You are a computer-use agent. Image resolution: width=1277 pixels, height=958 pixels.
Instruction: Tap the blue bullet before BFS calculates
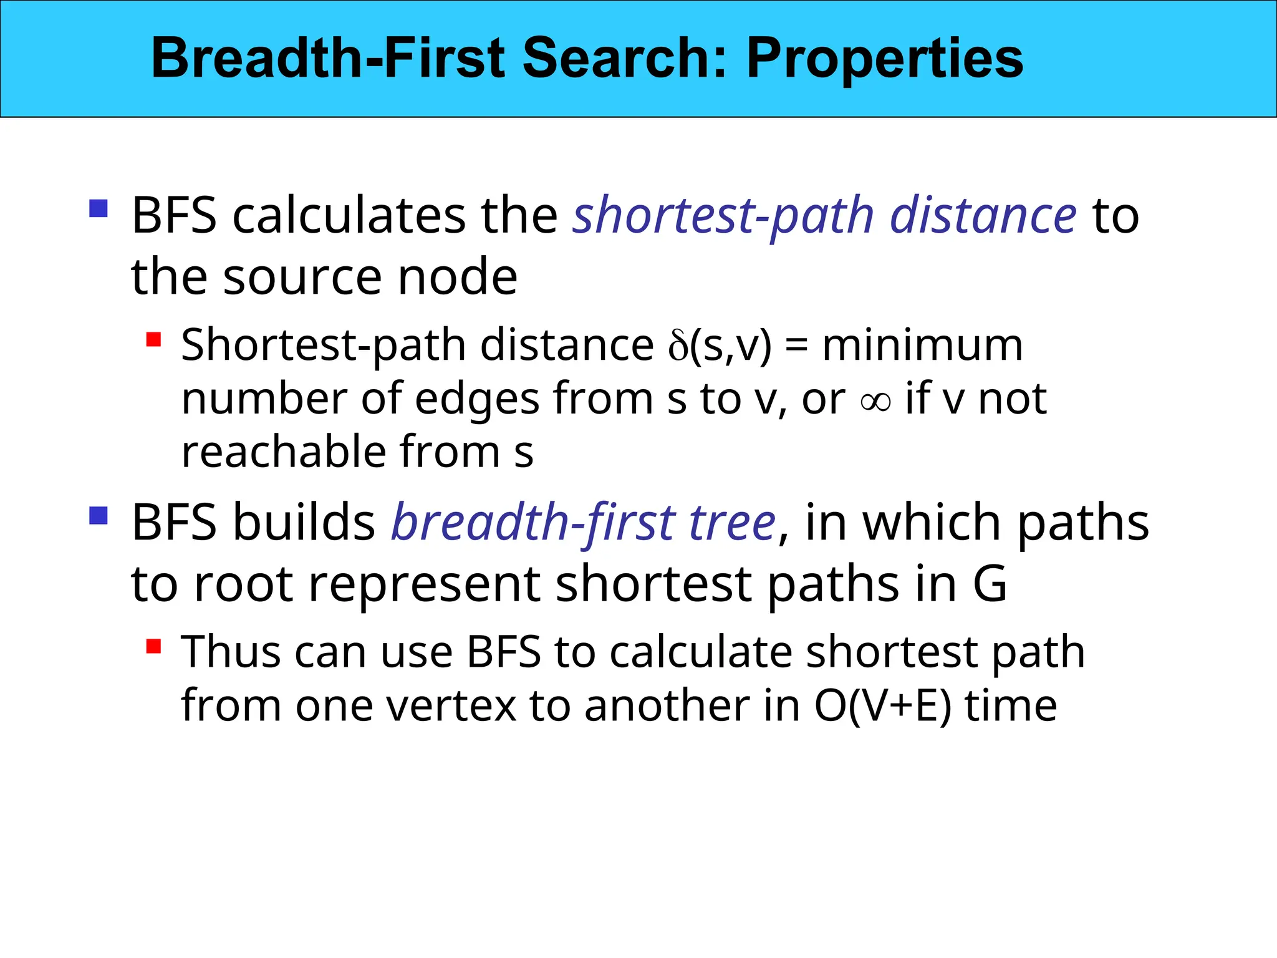99,208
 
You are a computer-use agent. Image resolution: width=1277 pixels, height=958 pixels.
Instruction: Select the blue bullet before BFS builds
99,515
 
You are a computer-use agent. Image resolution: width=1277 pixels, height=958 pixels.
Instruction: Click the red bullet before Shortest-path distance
153,339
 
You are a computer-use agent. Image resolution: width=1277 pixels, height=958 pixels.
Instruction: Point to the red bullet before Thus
153,646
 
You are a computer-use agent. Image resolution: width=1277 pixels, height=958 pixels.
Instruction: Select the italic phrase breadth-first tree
583,523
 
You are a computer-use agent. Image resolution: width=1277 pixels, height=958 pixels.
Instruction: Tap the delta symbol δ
677,347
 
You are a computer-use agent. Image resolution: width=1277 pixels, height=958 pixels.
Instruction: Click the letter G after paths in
990,584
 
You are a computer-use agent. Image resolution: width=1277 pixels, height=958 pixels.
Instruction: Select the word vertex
451,707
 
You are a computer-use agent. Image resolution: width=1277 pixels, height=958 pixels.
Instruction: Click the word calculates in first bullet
349,216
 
